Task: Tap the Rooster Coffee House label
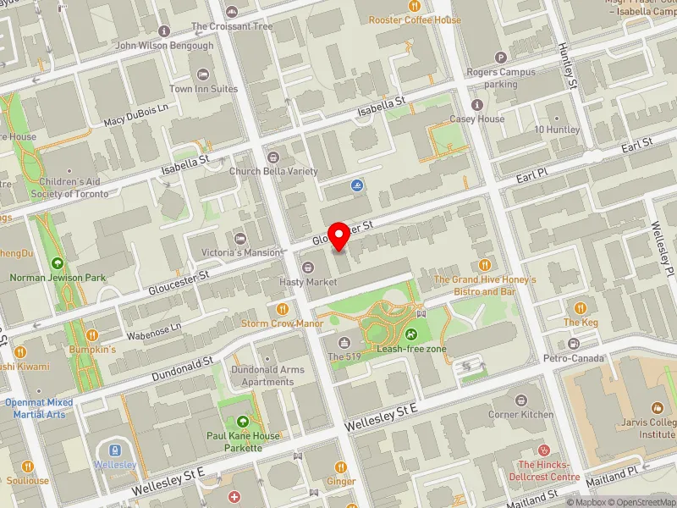click(x=415, y=19)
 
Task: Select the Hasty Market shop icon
click(x=308, y=268)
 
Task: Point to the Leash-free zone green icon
click(x=410, y=334)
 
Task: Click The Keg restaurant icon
click(x=581, y=308)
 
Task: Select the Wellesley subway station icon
click(x=116, y=450)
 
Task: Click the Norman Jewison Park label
click(x=58, y=277)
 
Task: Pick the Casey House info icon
click(x=477, y=105)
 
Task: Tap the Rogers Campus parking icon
click(x=501, y=58)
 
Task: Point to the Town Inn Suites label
click(x=202, y=88)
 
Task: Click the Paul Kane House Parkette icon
click(x=244, y=421)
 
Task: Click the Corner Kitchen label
click(x=520, y=414)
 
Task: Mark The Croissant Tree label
click(x=232, y=26)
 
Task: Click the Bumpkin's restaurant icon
click(x=92, y=334)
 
